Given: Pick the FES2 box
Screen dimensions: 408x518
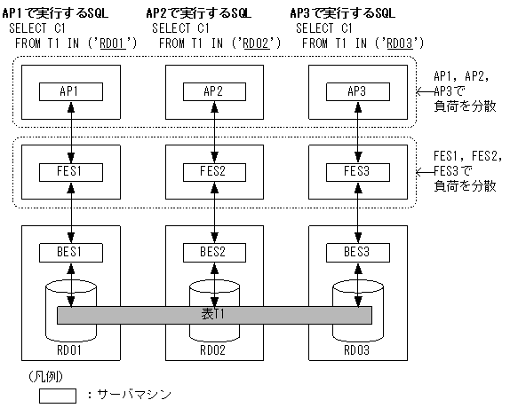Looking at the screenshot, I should click(x=213, y=170).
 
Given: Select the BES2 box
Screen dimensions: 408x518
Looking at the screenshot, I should click(x=213, y=251).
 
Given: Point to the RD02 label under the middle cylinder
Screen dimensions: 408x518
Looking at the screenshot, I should click(x=213, y=349).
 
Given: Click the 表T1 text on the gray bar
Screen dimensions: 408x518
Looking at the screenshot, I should click(x=213, y=315).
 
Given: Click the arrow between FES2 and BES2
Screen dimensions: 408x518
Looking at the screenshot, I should click(x=213, y=211).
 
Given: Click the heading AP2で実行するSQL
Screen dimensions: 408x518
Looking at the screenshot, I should click(x=197, y=14).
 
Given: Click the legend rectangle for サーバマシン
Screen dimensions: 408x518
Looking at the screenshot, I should click(x=57, y=396).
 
